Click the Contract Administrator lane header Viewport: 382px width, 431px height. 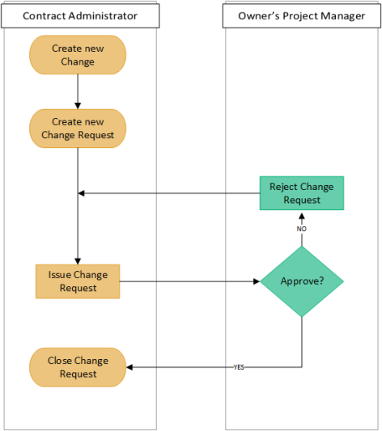pos(79,15)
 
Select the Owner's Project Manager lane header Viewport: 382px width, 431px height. pos(301,15)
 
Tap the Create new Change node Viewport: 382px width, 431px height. pos(78,55)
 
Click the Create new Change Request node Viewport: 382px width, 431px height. pos(78,129)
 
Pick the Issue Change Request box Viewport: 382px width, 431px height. pos(78,281)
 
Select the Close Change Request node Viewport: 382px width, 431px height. pos(78,367)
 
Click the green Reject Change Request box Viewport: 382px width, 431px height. pos(301,193)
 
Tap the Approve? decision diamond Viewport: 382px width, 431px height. pos(302,281)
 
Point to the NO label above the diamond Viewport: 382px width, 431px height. pos(302,229)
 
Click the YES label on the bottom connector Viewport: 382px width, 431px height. pos(239,367)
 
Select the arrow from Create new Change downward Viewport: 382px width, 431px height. pos(78,91)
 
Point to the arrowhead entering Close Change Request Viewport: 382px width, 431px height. pos(131,367)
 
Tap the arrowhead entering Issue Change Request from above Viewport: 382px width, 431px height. pos(78,260)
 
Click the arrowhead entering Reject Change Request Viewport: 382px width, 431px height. pos(302,214)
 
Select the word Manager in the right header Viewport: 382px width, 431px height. pos(343,15)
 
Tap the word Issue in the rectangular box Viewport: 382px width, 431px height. pos(61,275)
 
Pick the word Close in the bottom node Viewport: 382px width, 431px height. pos(61,361)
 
